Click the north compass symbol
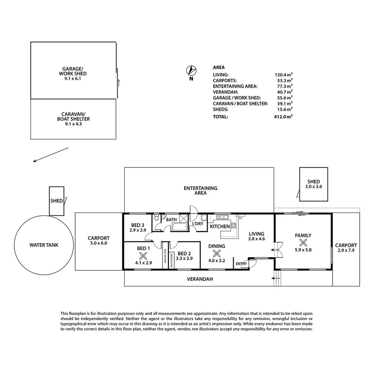[191, 71]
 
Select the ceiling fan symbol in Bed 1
[143, 255]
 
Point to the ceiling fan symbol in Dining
[217, 254]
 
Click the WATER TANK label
[41, 245]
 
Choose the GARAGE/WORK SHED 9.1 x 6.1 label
[73, 73]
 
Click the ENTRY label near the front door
[242, 264]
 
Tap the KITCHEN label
[220, 226]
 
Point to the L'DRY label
[197, 224]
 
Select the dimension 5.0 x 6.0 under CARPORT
[98, 243]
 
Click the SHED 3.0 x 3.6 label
[314, 184]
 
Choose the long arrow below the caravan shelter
[51, 155]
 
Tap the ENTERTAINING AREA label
[200, 190]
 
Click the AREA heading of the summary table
[219, 67]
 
